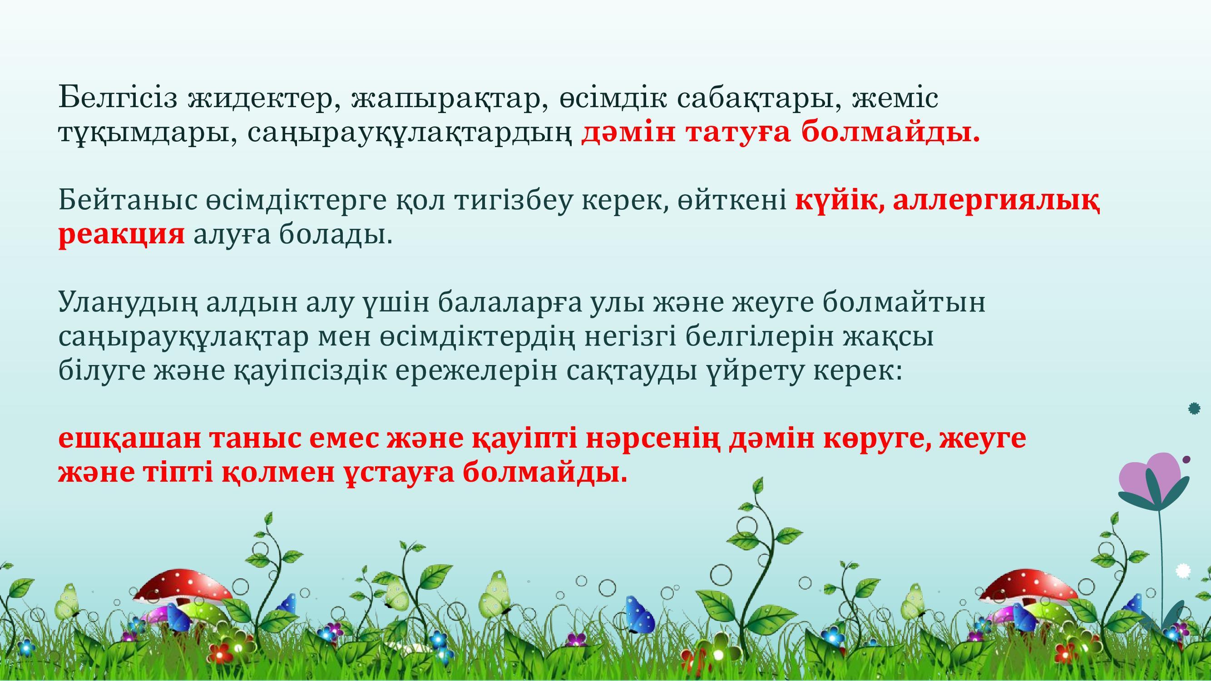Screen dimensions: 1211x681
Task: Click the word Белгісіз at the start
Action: (x=118, y=98)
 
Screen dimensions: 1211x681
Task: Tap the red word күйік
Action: (x=838, y=200)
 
